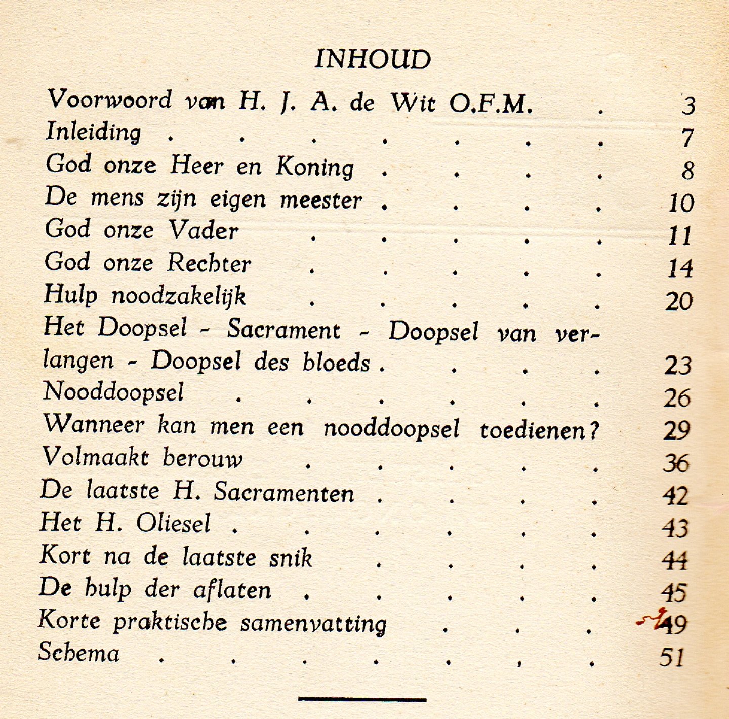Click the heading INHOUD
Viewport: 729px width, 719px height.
(373, 59)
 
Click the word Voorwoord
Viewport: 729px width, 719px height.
(109, 100)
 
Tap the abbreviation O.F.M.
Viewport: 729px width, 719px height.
(491, 104)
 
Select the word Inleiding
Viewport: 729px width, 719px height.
(94, 132)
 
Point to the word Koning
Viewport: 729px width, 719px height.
(314, 167)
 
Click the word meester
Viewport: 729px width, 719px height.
(321, 200)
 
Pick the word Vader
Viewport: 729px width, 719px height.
(204, 231)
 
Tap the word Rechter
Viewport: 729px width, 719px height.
(209, 263)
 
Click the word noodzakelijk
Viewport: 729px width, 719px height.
(179, 296)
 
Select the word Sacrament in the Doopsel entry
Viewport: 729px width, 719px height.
(283, 330)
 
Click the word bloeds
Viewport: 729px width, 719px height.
(336, 363)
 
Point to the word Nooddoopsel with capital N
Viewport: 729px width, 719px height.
(113, 392)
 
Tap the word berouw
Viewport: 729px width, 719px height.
(202, 458)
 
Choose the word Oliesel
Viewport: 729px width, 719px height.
(173, 524)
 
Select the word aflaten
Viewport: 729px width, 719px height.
(232, 590)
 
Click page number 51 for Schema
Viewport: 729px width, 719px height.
(672, 657)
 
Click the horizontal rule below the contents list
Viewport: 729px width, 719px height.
(362, 700)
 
